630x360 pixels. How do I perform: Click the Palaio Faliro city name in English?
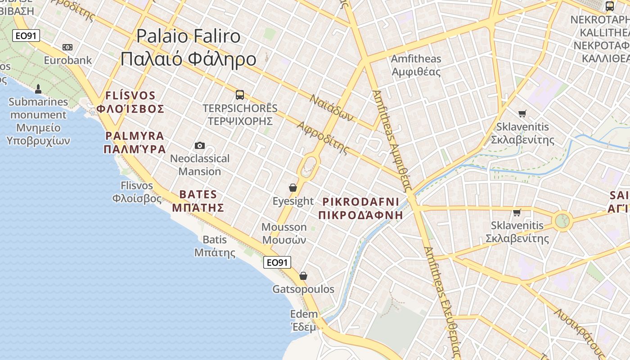[189, 36]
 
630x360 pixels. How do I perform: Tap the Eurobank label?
[68, 60]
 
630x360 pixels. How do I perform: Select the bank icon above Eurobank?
[67, 47]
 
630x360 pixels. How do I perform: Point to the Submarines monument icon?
[38, 89]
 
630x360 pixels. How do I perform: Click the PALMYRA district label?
[135, 136]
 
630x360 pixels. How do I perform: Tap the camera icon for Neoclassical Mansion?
[200, 145]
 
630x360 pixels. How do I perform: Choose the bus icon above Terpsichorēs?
[240, 95]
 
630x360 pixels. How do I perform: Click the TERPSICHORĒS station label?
[240, 108]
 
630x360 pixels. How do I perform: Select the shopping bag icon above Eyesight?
[293, 188]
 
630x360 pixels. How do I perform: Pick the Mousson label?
[284, 227]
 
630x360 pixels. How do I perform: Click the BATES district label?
[198, 195]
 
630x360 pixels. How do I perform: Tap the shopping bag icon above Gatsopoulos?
[303, 276]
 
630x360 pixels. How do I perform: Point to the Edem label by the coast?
[304, 314]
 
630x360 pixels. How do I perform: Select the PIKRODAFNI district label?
[361, 201]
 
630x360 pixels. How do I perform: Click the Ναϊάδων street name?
[332, 108]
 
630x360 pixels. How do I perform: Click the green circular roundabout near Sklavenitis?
[562, 221]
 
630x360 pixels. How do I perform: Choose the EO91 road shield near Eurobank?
[26, 36]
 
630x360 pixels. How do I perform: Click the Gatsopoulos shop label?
[303, 289]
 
